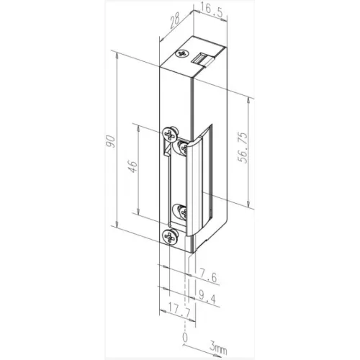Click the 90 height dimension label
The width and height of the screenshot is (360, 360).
[111, 142]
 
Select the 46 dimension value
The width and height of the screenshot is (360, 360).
[132, 167]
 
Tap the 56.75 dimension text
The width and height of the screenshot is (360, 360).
[243, 148]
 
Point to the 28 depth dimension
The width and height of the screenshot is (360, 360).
[175, 21]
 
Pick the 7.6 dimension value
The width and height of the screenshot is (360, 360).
[207, 276]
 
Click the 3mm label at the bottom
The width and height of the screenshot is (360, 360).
[217, 350]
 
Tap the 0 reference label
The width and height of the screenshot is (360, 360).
[185, 338]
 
